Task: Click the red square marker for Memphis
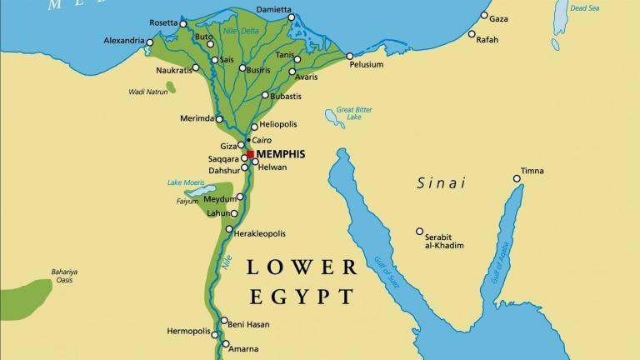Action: coord(250,154)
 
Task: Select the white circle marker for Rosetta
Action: coord(183,24)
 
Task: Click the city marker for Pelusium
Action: coord(350,56)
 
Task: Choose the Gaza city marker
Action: coord(482,18)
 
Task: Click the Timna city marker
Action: coord(513,171)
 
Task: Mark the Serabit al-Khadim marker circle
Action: coord(419,231)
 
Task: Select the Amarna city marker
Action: coord(224,343)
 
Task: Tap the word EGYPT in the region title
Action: coord(301,296)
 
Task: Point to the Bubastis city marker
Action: coord(265,95)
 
